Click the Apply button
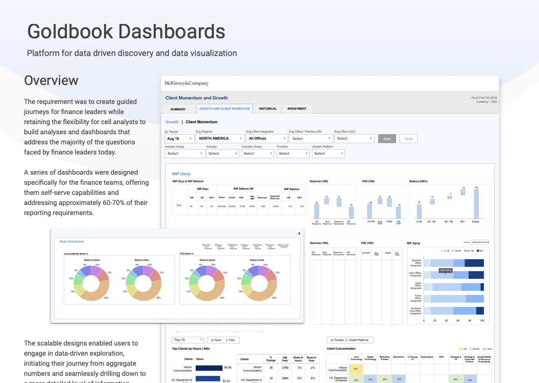(387, 138)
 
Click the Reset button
(408, 138)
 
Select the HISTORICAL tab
(268, 109)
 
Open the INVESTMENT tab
(297, 109)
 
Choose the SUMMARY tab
(178, 109)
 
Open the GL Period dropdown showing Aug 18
(179, 138)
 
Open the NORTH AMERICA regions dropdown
(220, 138)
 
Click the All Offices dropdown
(267, 138)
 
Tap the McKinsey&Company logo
(187, 83)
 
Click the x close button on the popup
(299, 233)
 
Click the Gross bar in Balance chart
(476, 204)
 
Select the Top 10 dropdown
(188, 340)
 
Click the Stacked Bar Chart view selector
(480, 242)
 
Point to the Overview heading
(51, 80)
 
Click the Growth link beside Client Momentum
(172, 122)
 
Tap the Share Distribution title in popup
(72, 242)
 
